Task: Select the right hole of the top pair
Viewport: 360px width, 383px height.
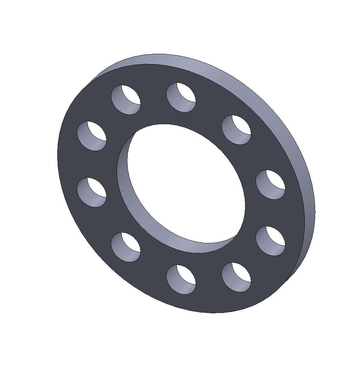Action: [181, 97]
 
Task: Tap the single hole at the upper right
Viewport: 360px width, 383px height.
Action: [236, 130]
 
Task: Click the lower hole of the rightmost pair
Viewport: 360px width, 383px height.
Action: [271, 240]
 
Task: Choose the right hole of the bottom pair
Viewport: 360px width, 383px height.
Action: [236, 277]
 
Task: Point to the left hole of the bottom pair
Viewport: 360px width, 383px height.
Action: [181, 279]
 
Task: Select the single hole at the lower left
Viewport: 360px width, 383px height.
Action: [126, 247]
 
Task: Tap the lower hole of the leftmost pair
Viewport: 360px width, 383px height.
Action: [91, 192]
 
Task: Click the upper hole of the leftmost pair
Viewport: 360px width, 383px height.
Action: [91, 136]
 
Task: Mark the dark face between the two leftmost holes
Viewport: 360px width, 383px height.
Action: [90, 164]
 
